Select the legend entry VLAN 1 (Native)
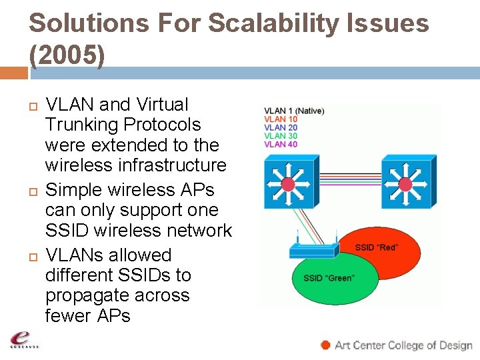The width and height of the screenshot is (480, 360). [294, 111]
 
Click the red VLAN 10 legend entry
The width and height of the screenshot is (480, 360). [281, 119]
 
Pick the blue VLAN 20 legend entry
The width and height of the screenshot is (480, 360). [281, 127]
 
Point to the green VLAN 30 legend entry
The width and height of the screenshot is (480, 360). [281, 136]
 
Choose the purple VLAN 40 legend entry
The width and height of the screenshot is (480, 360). [281, 144]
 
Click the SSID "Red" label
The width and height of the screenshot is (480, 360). [377, 247]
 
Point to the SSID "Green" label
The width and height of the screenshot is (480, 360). [329, 278]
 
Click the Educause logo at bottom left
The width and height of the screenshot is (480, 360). [24, 339]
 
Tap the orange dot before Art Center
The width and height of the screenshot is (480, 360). [325, 345]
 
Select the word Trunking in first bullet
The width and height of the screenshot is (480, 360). [85, 125]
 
